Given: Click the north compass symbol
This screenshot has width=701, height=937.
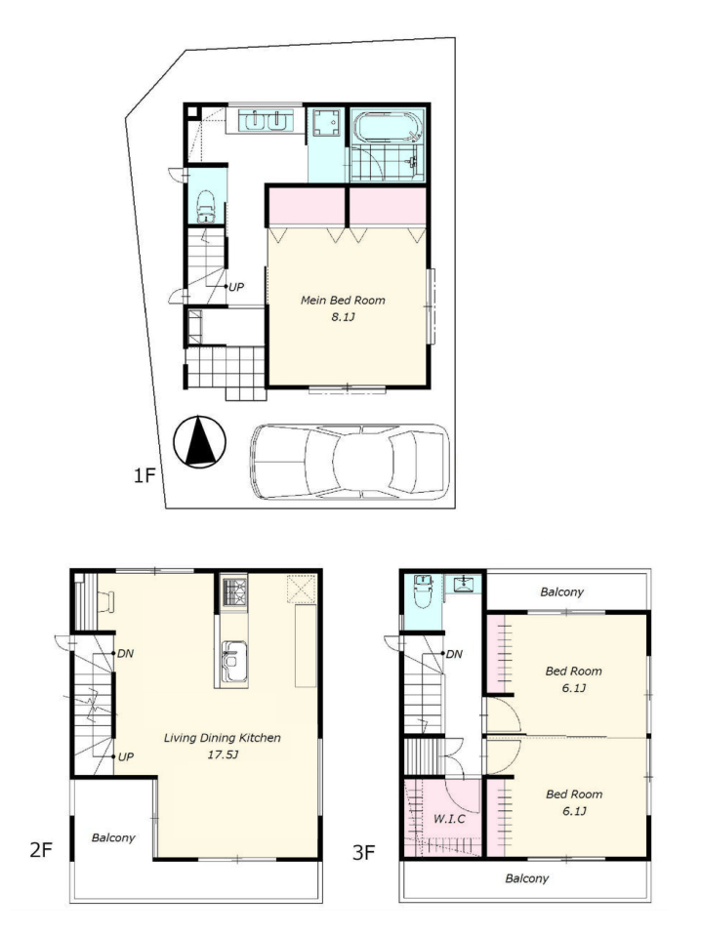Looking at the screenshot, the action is [199, 442].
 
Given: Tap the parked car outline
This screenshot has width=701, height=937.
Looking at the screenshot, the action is [350, 462].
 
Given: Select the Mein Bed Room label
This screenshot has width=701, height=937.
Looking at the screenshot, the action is [343, 300].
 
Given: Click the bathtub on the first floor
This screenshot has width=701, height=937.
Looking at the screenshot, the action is [388, 126].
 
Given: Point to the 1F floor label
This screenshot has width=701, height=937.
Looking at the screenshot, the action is [144, 475].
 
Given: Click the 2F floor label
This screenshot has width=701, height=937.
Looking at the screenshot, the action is [42, 849].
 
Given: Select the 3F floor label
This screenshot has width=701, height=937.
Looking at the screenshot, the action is [363, 852].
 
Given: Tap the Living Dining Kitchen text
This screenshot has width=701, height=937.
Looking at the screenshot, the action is [223, 738].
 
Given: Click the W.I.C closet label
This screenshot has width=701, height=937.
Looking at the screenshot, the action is [449, 819].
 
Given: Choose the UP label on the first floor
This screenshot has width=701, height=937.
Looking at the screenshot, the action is [236, 287].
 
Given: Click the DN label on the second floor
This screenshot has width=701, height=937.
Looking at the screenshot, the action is [126, 654].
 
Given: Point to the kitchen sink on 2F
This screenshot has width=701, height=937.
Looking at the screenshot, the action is [233, 662].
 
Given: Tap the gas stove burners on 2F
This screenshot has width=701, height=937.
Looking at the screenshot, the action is [234, 591].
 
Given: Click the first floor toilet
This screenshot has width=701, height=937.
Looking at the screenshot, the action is [206, 207].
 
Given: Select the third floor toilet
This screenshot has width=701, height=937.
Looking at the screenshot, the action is [423, 591].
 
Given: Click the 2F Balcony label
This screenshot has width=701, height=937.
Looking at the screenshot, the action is [113, 837].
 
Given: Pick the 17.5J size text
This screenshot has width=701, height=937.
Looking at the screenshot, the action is [223, 754].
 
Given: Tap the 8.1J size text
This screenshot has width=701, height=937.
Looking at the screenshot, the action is [343, 316].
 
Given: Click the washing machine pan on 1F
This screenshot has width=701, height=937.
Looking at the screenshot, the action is [327, 123].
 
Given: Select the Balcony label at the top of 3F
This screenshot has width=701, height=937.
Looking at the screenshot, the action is [561, 591].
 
